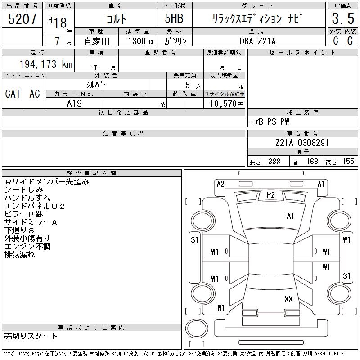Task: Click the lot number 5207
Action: [22, 19]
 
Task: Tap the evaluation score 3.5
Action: [342, 19]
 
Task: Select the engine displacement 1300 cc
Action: [138, 40]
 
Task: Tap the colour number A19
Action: [74, 103]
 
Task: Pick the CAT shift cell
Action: [13, 94]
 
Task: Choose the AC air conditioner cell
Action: [35, 94]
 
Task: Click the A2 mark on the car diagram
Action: [220, 184]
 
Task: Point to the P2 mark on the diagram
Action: [270, 194]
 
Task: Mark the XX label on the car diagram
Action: [288, 299]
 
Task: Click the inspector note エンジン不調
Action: [27, 247]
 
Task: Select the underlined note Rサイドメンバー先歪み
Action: [47, 182]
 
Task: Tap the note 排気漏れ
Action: [19, 255]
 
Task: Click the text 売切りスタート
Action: [31, 336]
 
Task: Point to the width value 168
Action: [311, 162]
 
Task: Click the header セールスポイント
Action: [302, 53]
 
